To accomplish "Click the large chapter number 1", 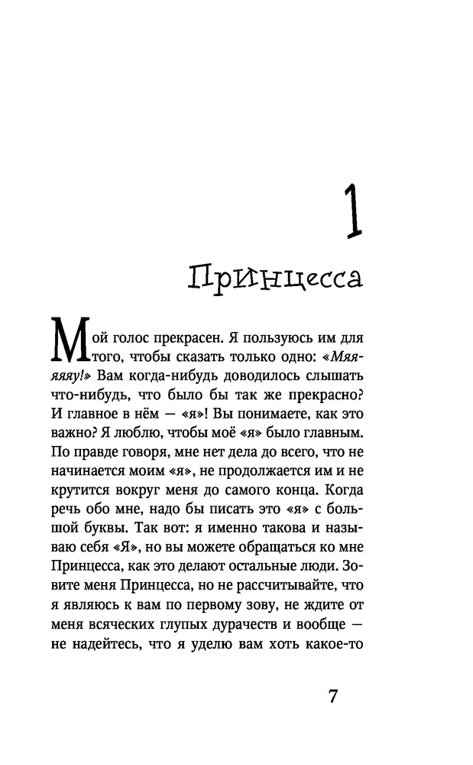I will (350, 216).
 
